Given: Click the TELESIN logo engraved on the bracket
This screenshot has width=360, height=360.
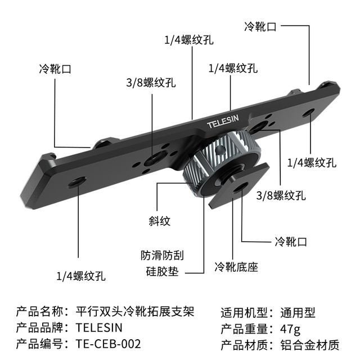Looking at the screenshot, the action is [x=223, y=122].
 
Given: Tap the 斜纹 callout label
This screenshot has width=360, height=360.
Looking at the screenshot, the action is [x=159, y=221].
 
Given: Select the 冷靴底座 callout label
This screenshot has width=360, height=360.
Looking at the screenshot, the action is [x=236, y=267].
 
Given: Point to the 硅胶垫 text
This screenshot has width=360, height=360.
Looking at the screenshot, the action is [x=163, y=271].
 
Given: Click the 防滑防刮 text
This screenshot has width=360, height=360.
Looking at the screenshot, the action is [x=163, y=255].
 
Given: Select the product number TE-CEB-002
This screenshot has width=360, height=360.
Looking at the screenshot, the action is [x=108, y=344].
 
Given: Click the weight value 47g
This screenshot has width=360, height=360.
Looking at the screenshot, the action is [x=290, y=329].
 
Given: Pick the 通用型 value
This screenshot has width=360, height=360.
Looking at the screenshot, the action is [x=298, y=313].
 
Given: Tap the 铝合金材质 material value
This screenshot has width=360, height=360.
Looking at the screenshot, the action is [x=310, y=345].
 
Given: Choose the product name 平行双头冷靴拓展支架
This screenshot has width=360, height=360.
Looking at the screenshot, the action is [x=135, y=312].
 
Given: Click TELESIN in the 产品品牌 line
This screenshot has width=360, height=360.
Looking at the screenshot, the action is [x=99, y=327].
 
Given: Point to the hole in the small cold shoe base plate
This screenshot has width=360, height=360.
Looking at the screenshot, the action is [x=240, y=187].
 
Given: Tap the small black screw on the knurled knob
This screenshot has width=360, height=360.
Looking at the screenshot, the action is [x=219, y=150].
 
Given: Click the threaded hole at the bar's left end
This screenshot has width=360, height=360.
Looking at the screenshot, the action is [x=78, y=182].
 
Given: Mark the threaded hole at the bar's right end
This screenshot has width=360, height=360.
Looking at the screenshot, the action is [x=308, y=112].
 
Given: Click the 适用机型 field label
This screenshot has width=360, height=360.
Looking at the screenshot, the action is [x=245, y=313].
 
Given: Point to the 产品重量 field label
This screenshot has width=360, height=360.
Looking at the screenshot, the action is [x=245, y=328].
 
